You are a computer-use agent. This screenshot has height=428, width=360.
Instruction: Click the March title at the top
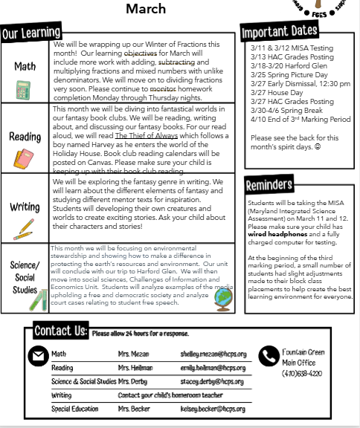pos(146,9)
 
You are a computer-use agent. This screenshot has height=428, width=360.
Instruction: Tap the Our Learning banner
pos(30,33)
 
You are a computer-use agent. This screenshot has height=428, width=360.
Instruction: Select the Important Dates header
pos(279,32)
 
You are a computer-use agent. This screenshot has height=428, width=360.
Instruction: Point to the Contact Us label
pos(61,331)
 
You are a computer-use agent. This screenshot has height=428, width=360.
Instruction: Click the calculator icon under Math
pos(24,90)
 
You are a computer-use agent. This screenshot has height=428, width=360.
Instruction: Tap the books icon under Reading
pos(24,158)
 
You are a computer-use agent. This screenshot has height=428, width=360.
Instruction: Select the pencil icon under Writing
pos(25,226)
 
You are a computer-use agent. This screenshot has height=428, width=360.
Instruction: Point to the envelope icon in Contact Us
pos(37,356)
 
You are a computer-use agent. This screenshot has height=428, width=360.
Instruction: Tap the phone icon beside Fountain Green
pos(268,357)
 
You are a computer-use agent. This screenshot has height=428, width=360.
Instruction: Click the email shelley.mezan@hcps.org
pos(212,354)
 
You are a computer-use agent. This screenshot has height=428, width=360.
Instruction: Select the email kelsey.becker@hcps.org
pos(212,409)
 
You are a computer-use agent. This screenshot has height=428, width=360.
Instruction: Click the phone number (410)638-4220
pos(302,373)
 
